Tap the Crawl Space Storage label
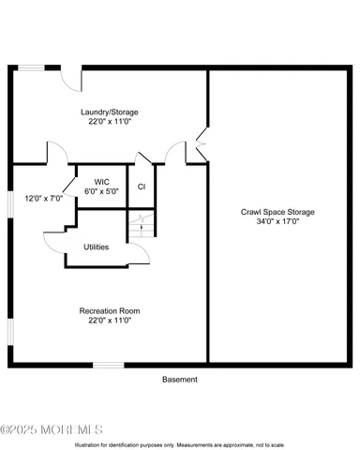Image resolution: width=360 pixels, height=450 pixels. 277,213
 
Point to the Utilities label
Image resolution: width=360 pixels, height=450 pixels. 96,247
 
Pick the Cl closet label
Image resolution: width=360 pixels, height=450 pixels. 142,187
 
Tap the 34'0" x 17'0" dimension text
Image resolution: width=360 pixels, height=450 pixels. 277,223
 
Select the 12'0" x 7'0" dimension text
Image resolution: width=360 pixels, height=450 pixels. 42,199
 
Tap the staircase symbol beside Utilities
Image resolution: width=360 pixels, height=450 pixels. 140,226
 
